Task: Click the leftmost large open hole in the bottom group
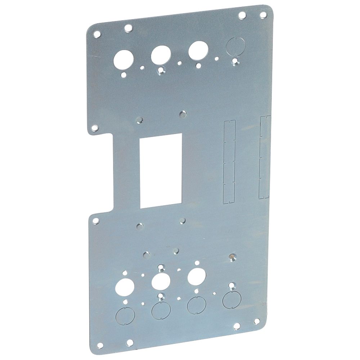click(x=123, y=287)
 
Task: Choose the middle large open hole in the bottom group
click(x=160, y=281)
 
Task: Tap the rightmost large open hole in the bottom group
click(x=196, y=276)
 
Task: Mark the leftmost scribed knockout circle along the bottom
click(x=123, y=315)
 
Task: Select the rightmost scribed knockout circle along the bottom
click(x=231, y=299)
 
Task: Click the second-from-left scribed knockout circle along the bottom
click(x=161, y=310)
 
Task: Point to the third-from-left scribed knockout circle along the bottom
click(x=197, y=305)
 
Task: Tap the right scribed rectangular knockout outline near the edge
click(x=265, y=157)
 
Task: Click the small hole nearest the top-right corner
click(x=263, y=15)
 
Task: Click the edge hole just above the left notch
click(x=95, y=127)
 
